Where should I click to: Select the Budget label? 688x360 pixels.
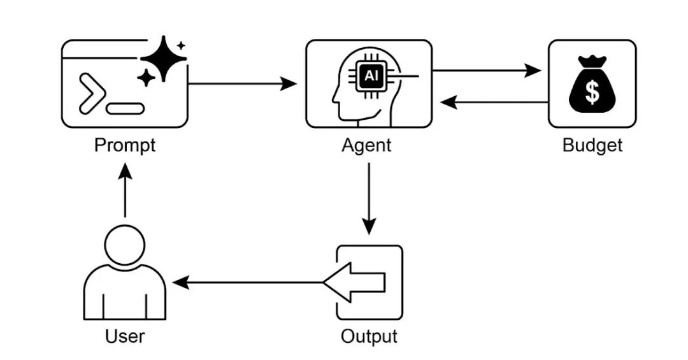pos(592,145)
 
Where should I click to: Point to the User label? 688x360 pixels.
pos(125,336)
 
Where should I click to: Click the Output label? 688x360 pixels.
pos(369,336)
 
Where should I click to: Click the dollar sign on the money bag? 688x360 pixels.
pos(592,93)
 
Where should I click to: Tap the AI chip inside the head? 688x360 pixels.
pos(371,76)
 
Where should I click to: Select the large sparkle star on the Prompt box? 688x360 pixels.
pos(164,59)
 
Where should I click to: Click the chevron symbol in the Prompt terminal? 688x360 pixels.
pos(92,94)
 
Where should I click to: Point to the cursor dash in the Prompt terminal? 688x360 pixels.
pos(125,108)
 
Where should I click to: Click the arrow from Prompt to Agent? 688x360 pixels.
pos(242,83)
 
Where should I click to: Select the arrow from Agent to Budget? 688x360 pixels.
pos(486,70)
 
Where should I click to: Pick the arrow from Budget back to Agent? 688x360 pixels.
pos(494,103)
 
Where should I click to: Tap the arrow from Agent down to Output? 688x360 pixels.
pos(369,199)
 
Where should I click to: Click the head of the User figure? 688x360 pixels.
pos(125,245)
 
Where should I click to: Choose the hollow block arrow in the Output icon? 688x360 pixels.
pos(355,282)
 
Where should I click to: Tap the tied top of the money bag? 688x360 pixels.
pos(592,61)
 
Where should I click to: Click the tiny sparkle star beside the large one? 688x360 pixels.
pos(181,45)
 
